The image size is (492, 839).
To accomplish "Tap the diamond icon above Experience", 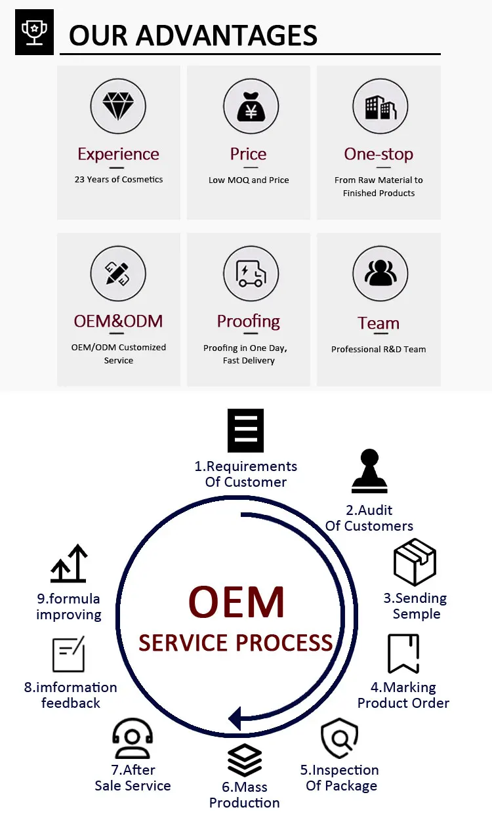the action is point(118,106).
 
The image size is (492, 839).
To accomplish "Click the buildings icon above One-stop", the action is point(379,106).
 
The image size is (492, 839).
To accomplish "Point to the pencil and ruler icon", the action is point(118,274).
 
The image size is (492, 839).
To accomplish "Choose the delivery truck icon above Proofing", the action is point(251,274).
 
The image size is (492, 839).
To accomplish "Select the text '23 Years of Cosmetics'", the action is point(119,179).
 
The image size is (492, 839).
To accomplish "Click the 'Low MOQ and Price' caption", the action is point(249,180).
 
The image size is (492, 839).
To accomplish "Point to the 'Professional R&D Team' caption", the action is point(379,349).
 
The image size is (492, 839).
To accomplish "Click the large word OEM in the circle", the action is point(236,603).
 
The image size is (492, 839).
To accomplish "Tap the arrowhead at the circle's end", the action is point(236,717).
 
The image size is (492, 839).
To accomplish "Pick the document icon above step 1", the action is point(245,430).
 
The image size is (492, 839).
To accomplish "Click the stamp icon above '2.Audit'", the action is point(369,471).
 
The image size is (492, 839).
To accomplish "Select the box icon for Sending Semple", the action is point(415,562).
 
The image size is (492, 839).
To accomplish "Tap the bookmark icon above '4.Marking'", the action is point(403,653).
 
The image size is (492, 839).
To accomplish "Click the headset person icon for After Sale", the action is point(133,739).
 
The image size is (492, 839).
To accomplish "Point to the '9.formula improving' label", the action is point(69,607).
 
